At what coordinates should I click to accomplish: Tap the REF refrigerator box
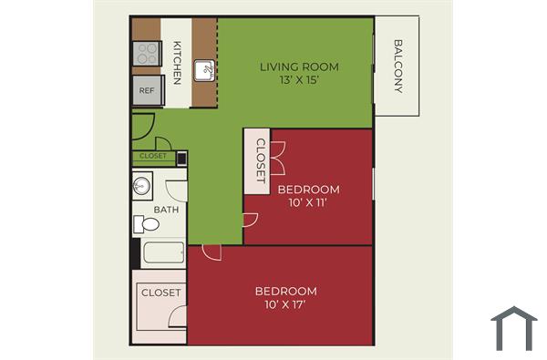[147, 90]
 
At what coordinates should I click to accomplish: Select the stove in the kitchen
[146, 53]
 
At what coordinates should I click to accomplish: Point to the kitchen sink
[206, 69]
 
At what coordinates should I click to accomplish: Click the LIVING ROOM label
[299, 67]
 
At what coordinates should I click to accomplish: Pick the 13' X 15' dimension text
[299, 80]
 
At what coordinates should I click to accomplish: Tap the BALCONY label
[397, 65]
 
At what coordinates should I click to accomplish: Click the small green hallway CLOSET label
[153, 156]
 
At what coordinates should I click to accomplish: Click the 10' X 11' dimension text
[308, 202]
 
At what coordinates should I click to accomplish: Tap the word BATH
[166, 210]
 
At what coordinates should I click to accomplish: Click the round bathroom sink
[140, 188]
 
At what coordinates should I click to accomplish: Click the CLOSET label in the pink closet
[160, 293]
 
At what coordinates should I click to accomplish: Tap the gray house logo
[514, 328]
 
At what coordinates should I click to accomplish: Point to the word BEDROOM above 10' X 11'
[308, 190]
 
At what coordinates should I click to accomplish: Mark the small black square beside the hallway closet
[181, 158]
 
